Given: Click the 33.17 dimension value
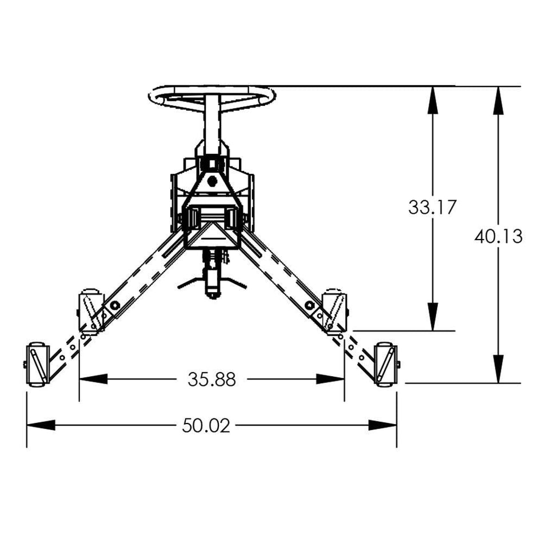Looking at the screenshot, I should point(432,207).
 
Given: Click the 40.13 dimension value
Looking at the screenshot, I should point(498,236).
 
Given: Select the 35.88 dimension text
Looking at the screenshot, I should point(211,379).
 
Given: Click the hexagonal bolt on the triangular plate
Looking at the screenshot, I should point(212,181).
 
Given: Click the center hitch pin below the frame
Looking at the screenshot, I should point(212,280).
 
